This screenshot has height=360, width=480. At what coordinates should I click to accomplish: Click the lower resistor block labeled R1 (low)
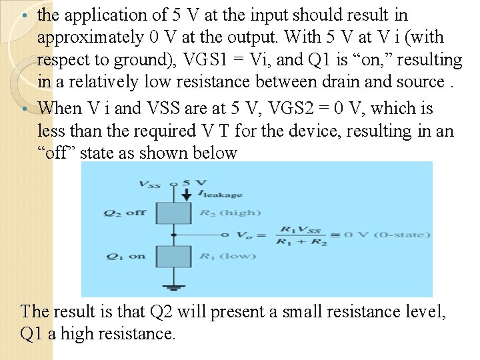[x=173, y=256]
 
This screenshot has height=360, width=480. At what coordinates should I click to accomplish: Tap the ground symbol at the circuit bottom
[x=173, y=287]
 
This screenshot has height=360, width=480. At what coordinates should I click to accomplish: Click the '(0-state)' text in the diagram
[x=404, y=235]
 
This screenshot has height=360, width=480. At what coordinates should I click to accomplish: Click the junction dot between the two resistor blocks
[x=173, y=235]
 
